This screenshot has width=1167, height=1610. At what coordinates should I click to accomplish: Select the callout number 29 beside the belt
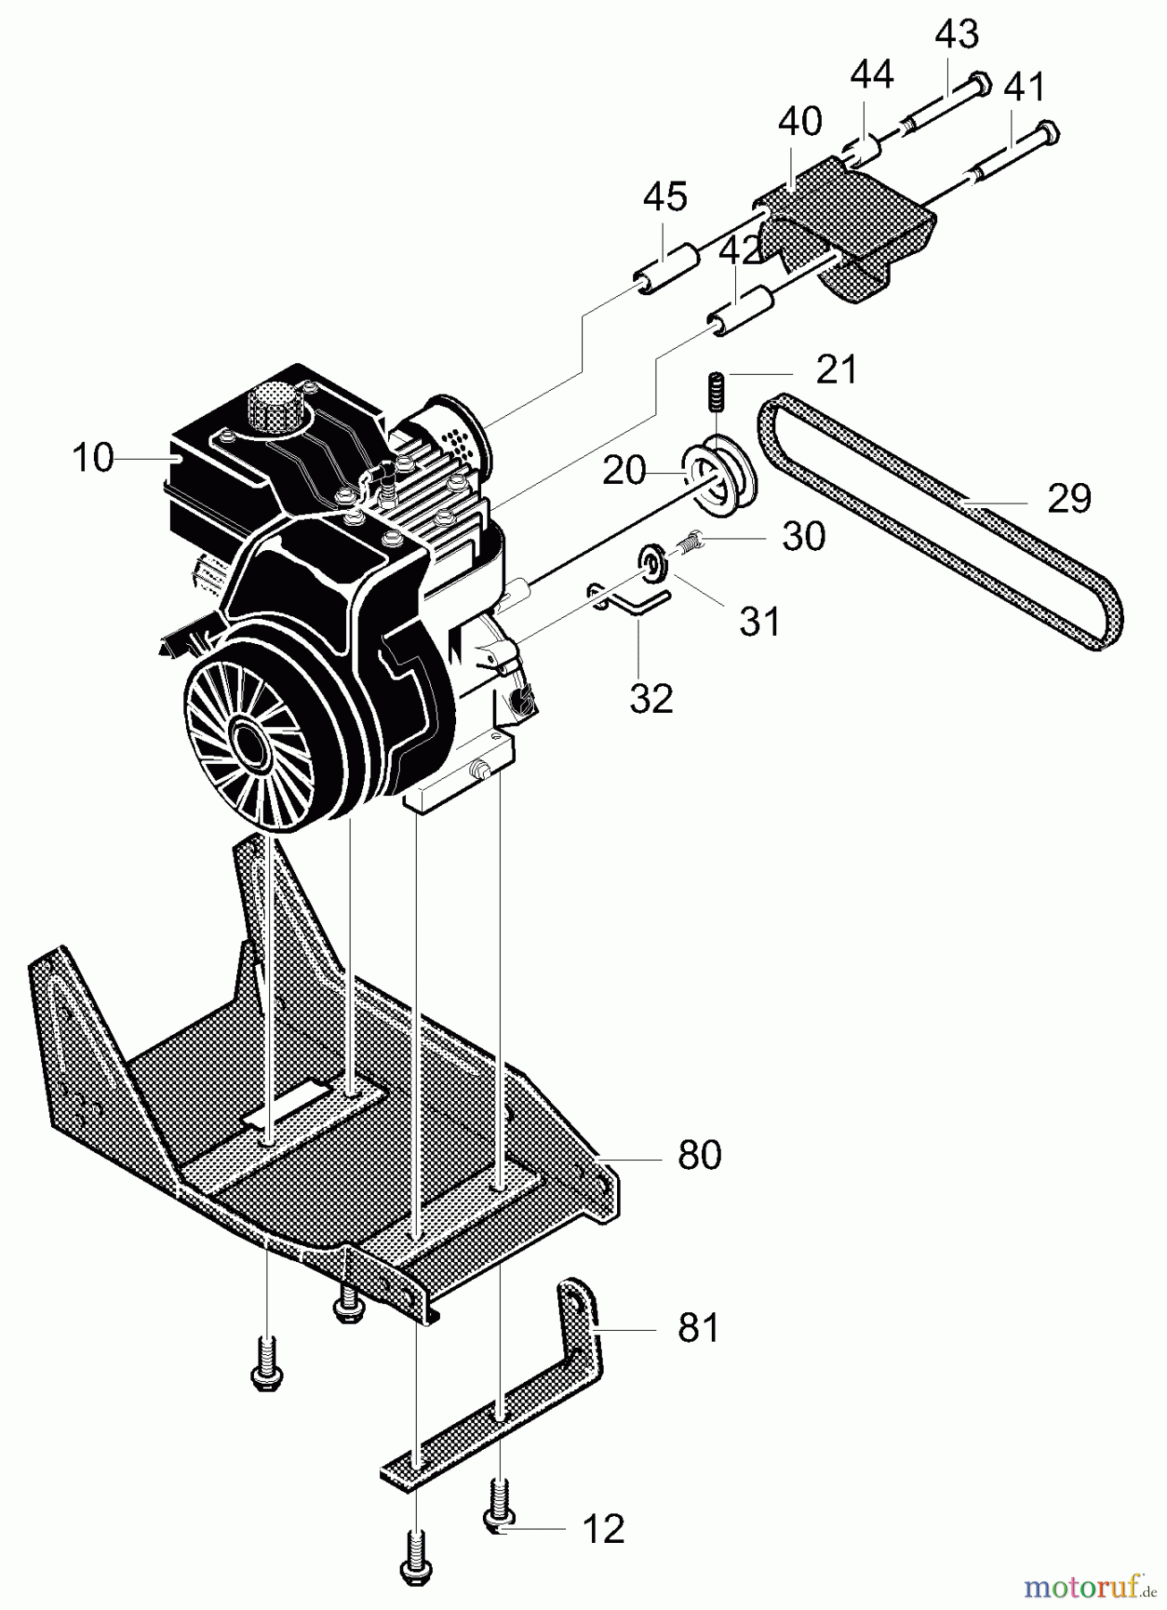coord(1069,497)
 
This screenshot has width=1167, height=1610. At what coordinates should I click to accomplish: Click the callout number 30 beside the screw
coord(803,536)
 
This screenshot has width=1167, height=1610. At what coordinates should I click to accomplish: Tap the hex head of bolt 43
coord(980,83)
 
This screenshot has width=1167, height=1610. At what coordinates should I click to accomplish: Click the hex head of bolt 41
coord(1048,131)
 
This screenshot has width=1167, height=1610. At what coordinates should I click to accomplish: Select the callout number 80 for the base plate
coord(699,1155)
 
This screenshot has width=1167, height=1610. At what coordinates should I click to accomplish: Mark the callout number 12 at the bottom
coord(603,1529)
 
